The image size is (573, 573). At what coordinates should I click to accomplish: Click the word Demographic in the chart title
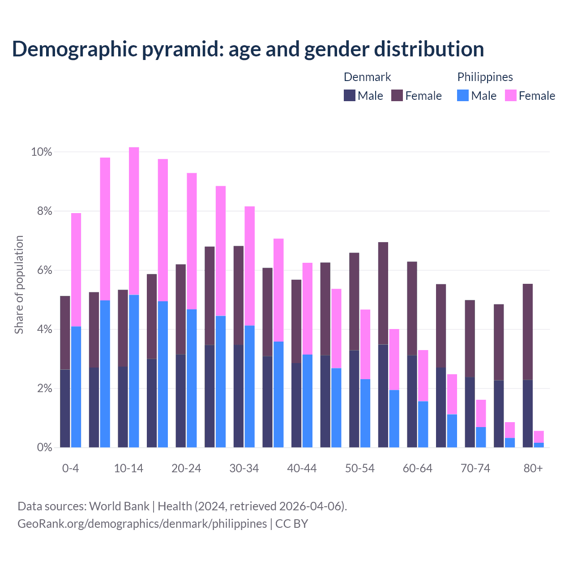pyautogui.click(x=74, y=49)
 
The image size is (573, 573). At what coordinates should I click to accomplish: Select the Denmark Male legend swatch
pyautogui.click(x=350, y=95)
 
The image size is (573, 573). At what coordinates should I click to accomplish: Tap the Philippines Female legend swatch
pyautogui.click(x=510, y=95)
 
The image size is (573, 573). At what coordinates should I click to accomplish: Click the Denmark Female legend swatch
pyautogui.click(x=397, y=95)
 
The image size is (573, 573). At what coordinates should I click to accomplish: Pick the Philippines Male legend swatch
pyautogui.click(x=463, y=95)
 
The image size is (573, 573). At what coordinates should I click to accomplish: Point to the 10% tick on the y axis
pyautogui.click(x=42, y=152)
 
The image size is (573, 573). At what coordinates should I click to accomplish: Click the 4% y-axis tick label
pyautogui.click(x=44, y=329)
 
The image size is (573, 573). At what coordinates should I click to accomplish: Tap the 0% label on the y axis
pyautogui.click(x=44, y=448)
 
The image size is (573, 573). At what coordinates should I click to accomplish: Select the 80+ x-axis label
pyautogui.click(x=533, y=469)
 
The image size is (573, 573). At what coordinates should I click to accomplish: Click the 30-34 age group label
pyautogui.click(x=244, y=469)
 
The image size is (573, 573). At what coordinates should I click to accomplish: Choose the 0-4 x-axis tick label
pyautogui.click(x=71, y=469)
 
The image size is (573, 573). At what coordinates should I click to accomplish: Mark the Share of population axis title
pyautogui.click(x=19, y=285)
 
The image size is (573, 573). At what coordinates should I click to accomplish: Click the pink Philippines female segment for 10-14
pyautogui.click(x=134, y=221)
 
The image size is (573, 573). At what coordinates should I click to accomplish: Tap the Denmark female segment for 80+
pyautogui.click(x=528, y=332)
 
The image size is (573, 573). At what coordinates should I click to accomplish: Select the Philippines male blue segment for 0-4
pyautogui.click(x=76, y=387)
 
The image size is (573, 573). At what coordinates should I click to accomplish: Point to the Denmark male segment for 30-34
pyautogui.click(x=239, y=396)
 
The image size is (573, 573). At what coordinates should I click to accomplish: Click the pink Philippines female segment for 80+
pyautogui.click(x=539, y=436)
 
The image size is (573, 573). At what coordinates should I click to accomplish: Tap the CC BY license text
pyautogui.click(x=291, y=524)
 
